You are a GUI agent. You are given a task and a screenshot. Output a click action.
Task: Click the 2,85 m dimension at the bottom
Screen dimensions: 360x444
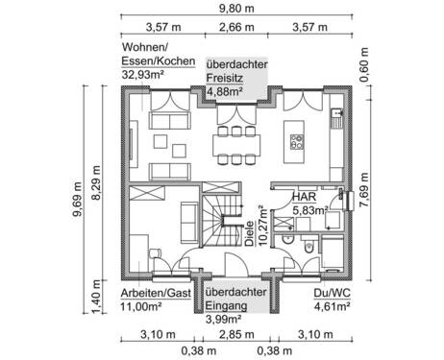[236, 334]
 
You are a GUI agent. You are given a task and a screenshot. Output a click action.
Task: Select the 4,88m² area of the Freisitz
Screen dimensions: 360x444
[224, 91]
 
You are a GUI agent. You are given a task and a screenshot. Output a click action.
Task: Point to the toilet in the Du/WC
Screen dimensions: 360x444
[309, 248]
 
